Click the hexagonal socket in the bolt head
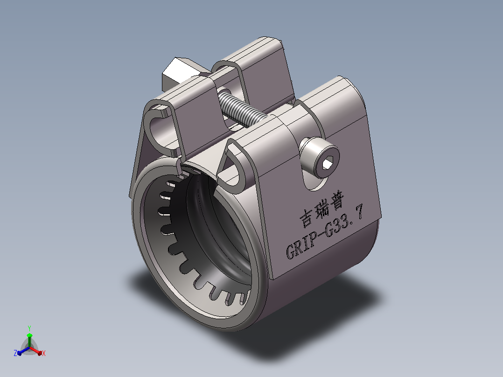pos(327,164)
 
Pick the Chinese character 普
pos(337,201)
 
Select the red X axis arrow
pos(35,350)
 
